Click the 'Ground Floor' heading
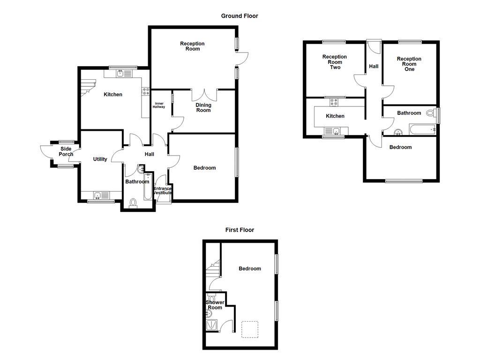click(x=240, y=16)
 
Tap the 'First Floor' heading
click(x=240, y=230)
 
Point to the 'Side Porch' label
click(x=66, y=151)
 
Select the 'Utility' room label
click(x=100, y=159)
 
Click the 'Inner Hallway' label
click(x=159, y=105)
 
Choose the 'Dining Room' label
click(x=203, y=108)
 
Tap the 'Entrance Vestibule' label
click(x=163, y=191)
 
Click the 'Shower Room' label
click(x=215, y=305)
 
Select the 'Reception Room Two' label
click(x=335, y=62)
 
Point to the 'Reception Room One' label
click(x=409, y=64)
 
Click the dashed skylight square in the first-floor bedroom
click(x=250, y=329)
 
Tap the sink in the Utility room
click(x=97, y=195)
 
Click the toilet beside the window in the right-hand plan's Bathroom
click(x=430, y=113)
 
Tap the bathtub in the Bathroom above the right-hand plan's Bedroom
click(x=422, y=129)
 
